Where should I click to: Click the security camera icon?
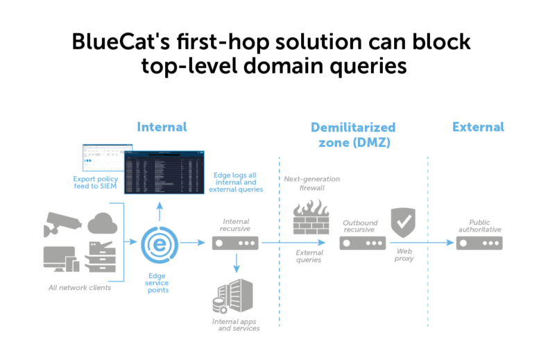62,223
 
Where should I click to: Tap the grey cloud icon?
102,223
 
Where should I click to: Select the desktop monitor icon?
61,259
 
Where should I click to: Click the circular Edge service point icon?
158,243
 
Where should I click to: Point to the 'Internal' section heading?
162,127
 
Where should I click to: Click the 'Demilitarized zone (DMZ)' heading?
352,135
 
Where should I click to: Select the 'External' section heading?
478,127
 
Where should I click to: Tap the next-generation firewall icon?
310,217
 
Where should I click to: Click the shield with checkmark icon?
403,222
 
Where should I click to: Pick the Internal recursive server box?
235,243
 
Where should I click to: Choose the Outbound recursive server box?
362,243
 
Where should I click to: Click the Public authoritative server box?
479,243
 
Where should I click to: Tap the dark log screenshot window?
164,172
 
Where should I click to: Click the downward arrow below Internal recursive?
236,263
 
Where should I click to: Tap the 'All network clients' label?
80,287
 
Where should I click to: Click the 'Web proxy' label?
404,255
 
